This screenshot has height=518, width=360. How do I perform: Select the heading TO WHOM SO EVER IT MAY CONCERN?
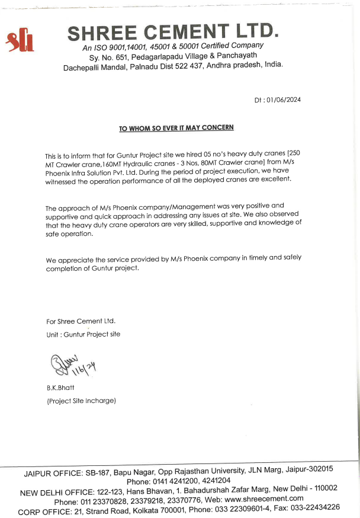pyautogui.click(x=176, y=127)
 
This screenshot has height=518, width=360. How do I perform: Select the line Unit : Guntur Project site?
pyautogui.click(x=83, y=334)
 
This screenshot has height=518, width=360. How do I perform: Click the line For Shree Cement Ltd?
pyautogui.click(x=81, y=321)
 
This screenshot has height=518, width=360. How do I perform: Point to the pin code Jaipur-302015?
pyautogui.click(x=308, y=469)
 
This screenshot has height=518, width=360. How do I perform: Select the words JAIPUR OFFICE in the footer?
pyautogui.click(x=56, y=474)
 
